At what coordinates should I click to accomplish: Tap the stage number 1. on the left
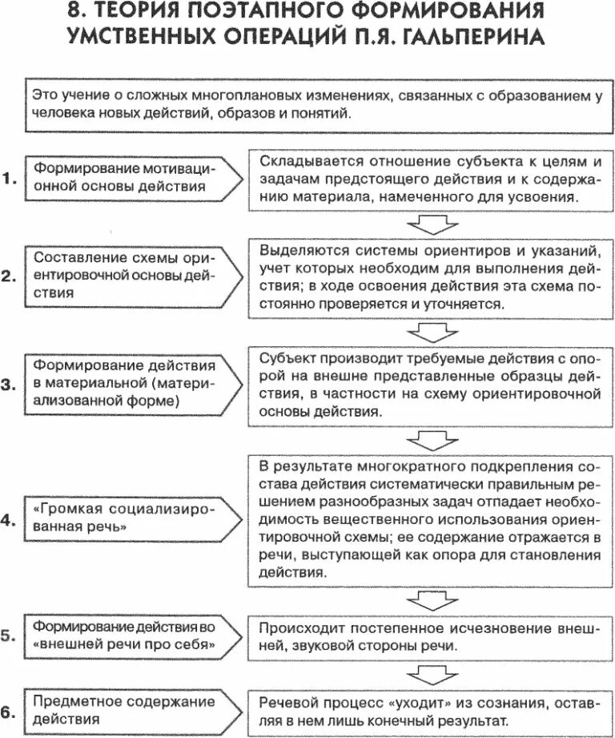(x=9, y=180)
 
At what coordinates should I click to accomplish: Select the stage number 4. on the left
(x=9, y=520)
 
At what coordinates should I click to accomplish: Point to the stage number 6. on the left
(x=9, y=710)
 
